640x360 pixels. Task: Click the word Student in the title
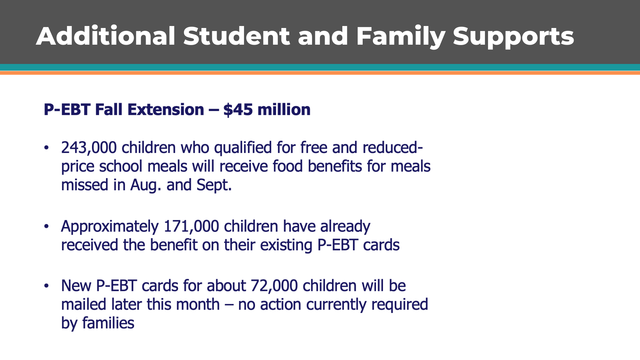coord(236,36)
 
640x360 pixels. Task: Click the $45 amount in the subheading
coord(238,110)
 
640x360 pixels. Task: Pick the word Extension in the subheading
coord(166,110)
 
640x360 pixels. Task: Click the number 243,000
coord(89,148)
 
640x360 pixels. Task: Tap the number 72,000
coord(274,286)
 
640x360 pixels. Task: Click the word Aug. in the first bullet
coord(146,185)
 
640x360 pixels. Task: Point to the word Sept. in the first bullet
coord(214,185)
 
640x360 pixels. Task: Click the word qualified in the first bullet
coord(243,148)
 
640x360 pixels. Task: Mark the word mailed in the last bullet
coord(84,304)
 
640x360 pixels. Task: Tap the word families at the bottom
coord(108,323)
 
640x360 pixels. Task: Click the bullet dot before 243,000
coord(46,147)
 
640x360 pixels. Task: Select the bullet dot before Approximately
coord(46,226)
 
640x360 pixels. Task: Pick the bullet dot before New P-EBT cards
coord(46,286)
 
